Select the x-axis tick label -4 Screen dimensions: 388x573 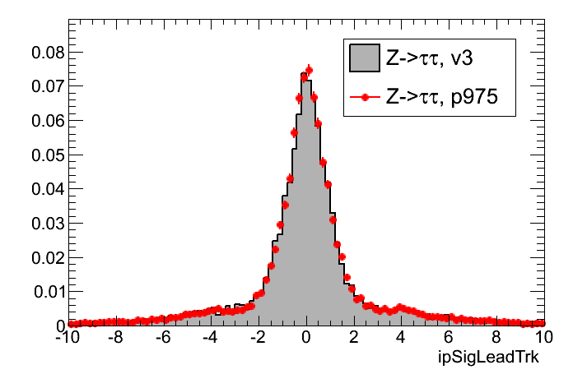[211, 338]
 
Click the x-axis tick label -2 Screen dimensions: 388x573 [259, 338]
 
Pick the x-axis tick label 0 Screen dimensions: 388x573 [306, 338]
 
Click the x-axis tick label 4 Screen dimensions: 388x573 [401, 338]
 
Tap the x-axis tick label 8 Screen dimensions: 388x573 [496, 338]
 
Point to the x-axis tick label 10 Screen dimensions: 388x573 [543, 338]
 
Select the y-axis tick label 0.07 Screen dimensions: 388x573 [44, 86]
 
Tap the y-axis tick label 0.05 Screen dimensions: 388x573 [44, 155]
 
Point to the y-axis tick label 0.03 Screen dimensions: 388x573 [44, 223]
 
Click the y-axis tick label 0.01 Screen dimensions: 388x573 [44, 291]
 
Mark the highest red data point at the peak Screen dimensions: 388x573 [309, 71]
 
